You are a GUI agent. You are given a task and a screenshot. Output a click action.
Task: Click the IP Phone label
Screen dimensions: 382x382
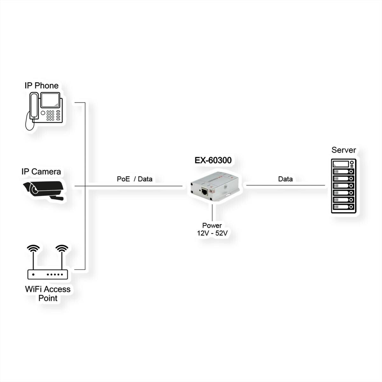(42, 86)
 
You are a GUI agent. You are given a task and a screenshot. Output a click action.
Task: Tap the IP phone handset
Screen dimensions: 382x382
(34, 106)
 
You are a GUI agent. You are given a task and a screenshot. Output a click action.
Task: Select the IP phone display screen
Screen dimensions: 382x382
(50, 100)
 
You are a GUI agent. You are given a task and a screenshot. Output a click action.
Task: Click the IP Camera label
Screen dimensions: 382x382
(41, 172)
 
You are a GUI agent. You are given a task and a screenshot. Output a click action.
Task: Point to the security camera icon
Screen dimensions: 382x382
(43, 190)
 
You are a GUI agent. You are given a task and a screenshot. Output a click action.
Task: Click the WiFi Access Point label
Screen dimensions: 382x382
(48, 294)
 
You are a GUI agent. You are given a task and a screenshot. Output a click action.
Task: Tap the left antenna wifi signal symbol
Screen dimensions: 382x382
(33, 248)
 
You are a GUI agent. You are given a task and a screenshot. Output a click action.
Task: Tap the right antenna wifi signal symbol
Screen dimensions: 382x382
(62, 248)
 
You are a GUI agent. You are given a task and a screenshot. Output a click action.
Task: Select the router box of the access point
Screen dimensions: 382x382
(47, 274)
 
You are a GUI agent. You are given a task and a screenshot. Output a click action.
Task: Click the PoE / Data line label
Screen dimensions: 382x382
(135, 179)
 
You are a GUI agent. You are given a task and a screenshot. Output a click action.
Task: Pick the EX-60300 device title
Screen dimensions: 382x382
(213, 160)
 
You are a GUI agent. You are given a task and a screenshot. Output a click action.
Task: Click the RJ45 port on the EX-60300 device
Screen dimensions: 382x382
(204, 192)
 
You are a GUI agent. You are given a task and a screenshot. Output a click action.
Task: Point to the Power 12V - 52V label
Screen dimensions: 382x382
(212, 229)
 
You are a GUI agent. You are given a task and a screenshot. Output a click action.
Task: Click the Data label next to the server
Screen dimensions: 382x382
(285, 179)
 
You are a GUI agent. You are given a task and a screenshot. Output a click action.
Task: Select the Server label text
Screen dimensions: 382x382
(344, 150)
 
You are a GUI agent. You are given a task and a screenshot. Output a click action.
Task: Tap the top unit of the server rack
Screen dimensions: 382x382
(344, 164)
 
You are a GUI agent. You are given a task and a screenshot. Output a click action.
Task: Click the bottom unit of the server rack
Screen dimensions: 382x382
(344, 207)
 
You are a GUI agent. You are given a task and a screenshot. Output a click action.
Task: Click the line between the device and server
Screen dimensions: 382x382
(286, 185)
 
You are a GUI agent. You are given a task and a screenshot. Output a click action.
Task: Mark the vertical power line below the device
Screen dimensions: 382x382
(212, 213)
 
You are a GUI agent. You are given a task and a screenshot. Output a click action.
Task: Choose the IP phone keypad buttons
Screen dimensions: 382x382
(50, 116)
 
